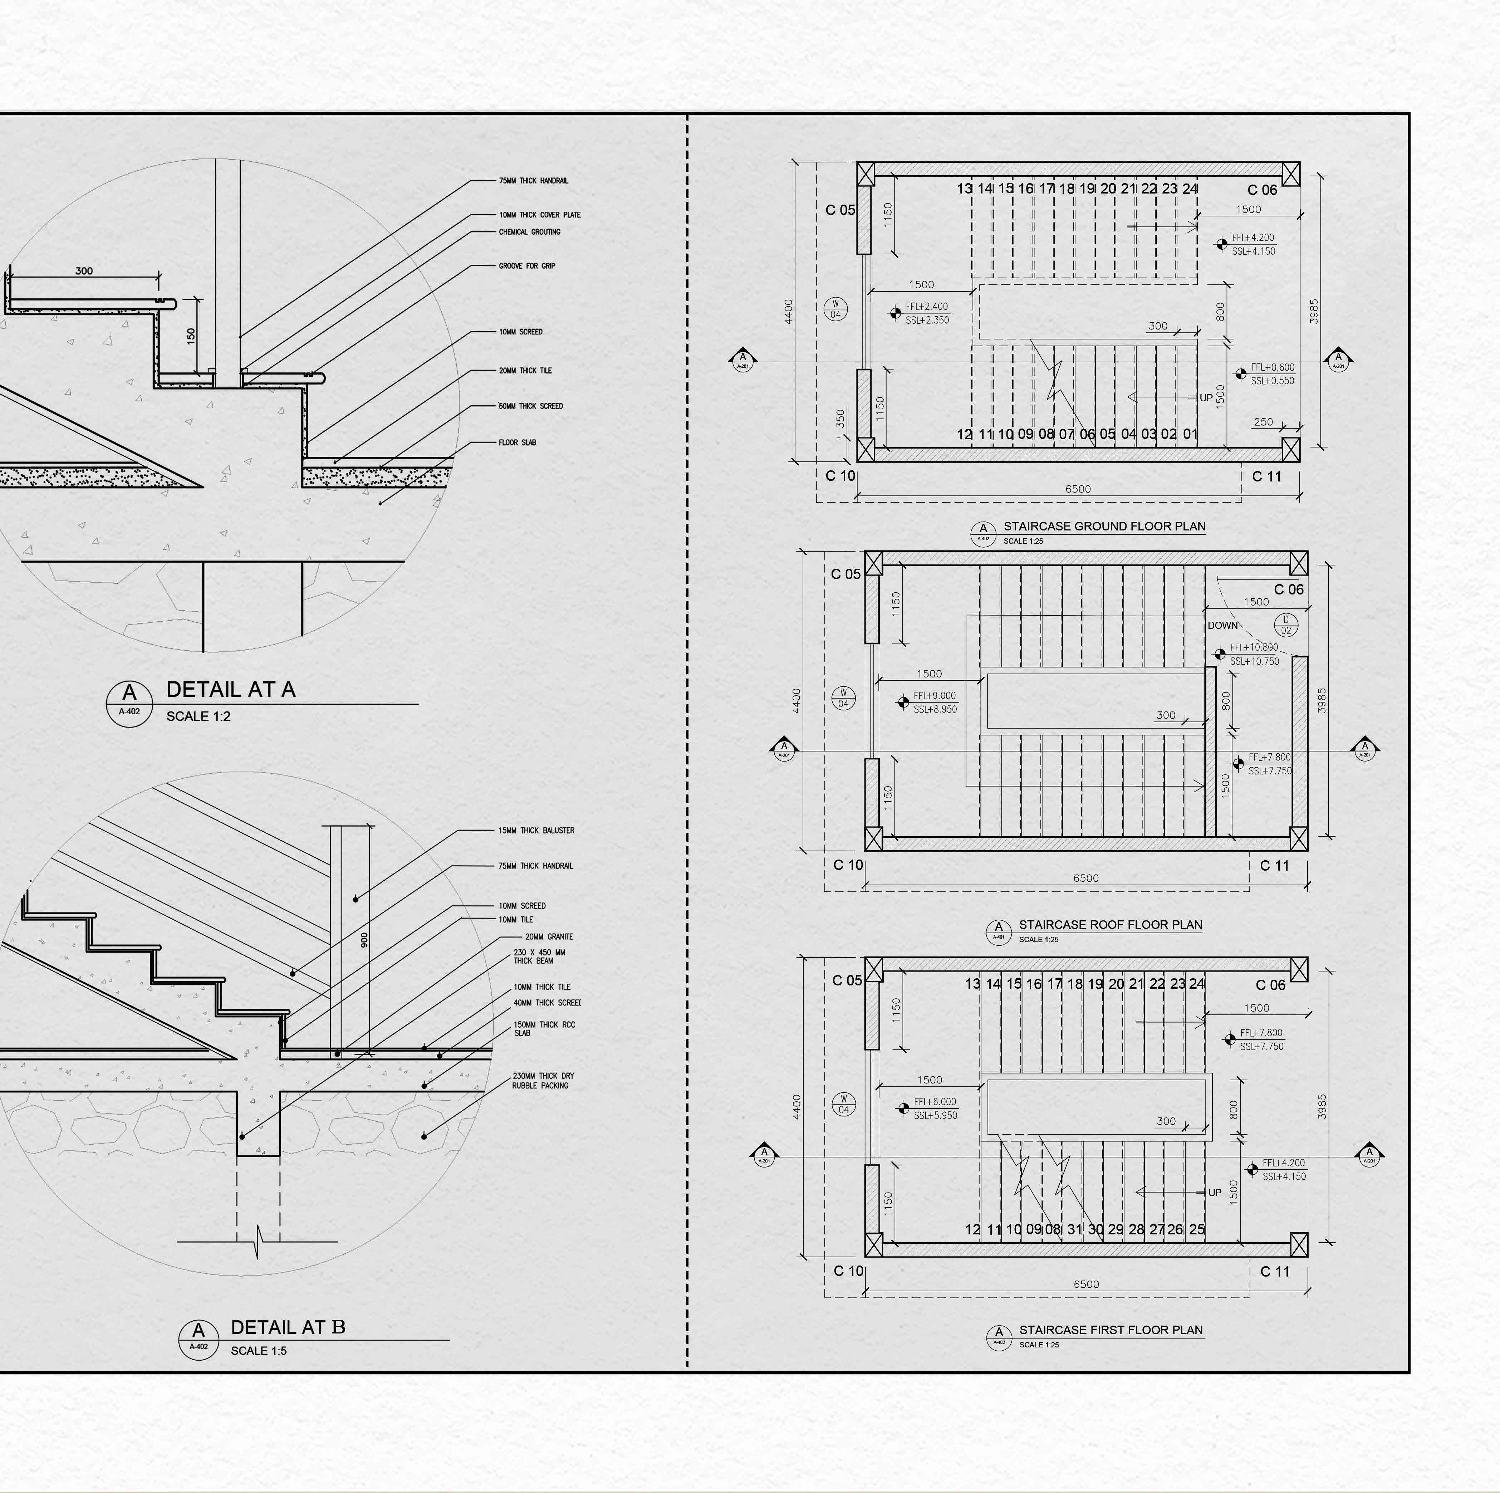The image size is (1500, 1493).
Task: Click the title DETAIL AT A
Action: tap(231, 689)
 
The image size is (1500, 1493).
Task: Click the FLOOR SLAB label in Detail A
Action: tap(517, 442)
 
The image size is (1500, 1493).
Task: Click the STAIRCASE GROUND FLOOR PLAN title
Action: tap(1104, 527)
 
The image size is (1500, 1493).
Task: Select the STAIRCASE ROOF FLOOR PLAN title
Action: tap(1110, 925)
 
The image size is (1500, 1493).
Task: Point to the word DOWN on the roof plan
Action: tap(1222, 625)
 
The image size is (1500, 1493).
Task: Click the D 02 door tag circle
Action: tap(1286, 625)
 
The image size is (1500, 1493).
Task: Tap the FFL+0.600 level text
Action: tap(1273, 368)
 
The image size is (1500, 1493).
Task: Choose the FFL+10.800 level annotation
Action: tap(1254, 647)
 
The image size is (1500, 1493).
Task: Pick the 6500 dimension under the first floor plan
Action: tap(1085, 1284)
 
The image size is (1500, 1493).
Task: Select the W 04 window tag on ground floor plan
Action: tap(835, 309)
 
